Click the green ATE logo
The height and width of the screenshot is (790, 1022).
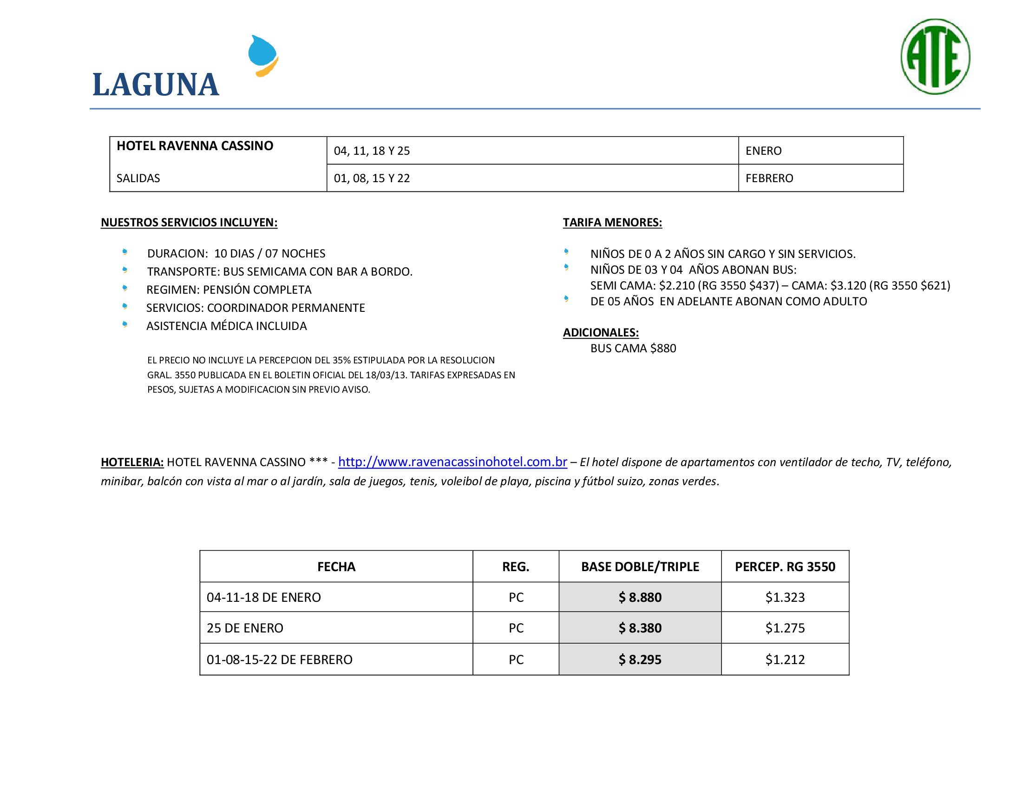point(935,57)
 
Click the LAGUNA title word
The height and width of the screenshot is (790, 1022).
point(156,85)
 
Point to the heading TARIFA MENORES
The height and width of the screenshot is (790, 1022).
point(612,222)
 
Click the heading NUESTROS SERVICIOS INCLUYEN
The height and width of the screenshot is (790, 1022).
point(189,222)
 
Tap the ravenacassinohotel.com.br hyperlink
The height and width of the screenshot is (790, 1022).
point(452,462)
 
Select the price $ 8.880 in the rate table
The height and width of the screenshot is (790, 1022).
point(640,597)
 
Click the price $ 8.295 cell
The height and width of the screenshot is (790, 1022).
point(640,659)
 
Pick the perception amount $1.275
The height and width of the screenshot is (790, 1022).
point(785,628)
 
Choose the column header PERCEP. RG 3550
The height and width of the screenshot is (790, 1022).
point(785,567)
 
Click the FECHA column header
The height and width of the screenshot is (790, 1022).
point(336,567)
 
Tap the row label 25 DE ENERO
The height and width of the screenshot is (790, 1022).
point(245,628)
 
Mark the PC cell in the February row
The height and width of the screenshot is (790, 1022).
point(516,659)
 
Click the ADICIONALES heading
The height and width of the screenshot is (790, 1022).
point(600,332)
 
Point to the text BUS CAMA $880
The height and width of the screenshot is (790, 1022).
point(633,348)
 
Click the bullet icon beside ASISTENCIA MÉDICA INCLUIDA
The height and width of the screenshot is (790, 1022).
point(125,324)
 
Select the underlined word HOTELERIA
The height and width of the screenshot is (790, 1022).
point(132,462)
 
